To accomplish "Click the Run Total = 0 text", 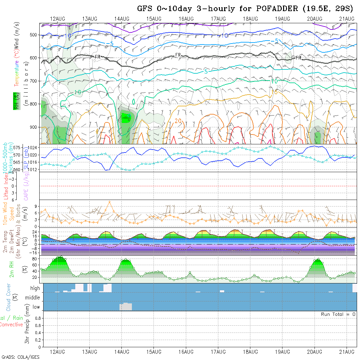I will click(338, 314).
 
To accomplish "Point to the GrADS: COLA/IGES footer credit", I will click(20, 357).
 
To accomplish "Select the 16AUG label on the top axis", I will click(186, 19).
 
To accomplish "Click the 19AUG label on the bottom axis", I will click(282, 352).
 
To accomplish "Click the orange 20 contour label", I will click(178, 121).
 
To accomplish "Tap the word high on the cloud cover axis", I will click(35, 288).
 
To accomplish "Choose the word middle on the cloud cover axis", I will click(33, 298).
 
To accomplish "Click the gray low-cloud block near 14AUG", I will click(126, 307).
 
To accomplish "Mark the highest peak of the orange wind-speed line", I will click(109, 202).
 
